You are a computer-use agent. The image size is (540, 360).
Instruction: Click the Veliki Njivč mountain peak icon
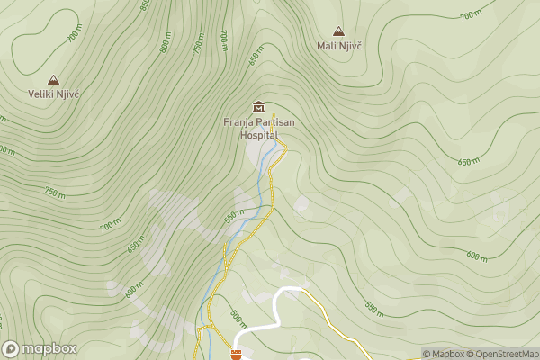point(53,80)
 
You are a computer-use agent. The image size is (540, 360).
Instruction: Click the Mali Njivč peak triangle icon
point(338,31)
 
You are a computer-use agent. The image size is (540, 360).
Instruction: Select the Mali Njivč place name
point(339,45)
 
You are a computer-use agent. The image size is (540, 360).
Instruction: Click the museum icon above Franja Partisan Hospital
point(259,107)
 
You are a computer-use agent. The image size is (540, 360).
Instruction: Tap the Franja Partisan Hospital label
point(258,128)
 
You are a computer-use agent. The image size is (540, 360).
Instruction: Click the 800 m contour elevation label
point(166,43)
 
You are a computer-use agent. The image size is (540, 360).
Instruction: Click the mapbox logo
point(40,348)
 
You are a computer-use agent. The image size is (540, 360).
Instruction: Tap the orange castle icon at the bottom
point(237,355)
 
